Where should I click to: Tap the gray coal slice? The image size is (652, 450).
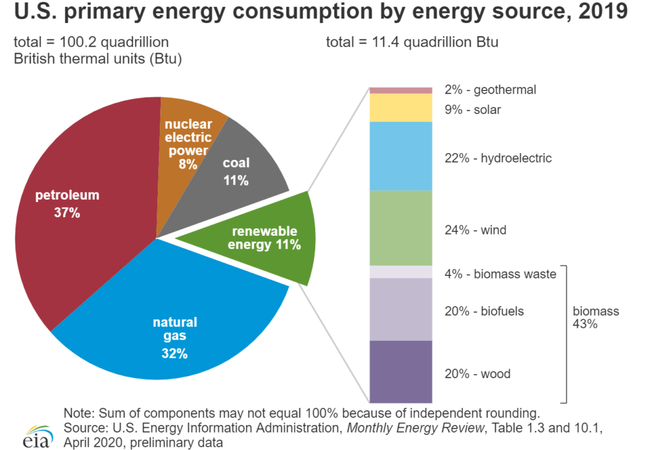(x=242, y=166)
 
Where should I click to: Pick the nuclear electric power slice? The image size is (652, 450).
(x=188, y=143)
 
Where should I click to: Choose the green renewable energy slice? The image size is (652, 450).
(x=267, y=238)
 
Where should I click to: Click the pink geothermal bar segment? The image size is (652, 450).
(x=401, y=90)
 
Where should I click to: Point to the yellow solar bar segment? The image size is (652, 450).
(x=401, y=108)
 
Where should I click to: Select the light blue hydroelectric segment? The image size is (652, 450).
(x=401, y=156)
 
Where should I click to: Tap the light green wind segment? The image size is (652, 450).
(x=401, y=228)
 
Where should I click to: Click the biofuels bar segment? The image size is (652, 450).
(x=401, y=309)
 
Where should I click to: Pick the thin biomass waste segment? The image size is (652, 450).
(x=401, y=272)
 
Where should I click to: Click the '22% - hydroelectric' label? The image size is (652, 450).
(x=497, y=158)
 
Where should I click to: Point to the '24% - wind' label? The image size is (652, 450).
(x=475, y=230)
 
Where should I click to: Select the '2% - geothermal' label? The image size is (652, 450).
(x=490, y=90)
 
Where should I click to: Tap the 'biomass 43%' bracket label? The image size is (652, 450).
(x=595, y=317)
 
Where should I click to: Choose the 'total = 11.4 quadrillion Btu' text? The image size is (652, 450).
(x=412, y=43)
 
